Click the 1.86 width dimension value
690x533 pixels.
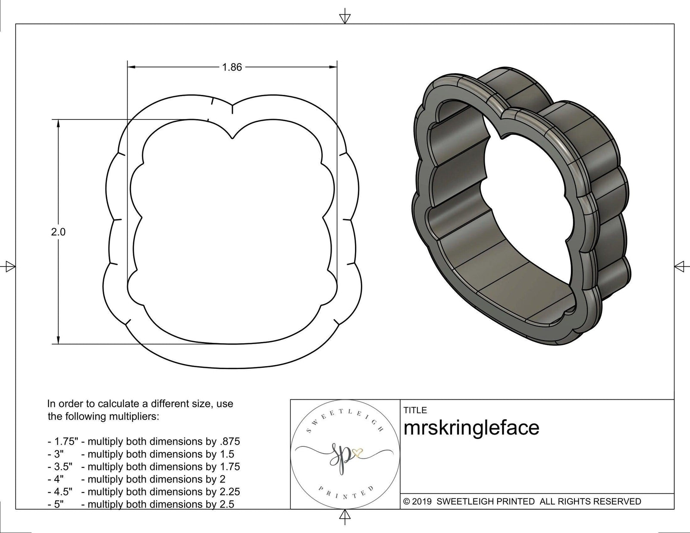pyautogui.click(x=232, y=67)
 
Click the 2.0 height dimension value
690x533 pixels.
pyautogui.click(x=58, y=232)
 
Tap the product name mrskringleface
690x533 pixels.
pyautogui.click(x=471, y=428)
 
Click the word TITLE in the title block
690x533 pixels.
pyautogui.click(x=415, y=411)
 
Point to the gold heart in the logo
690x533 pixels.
pyautogui.click(x=358, y=452)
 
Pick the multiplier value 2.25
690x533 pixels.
pyautogui.click(x=230, y=492)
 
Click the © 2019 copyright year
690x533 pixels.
pyautogui.click(x=417, y=502)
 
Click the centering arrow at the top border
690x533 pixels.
pyautogui.click(x=345, y=18)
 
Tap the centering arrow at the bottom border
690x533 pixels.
pyautogui.click(x=345, y=514)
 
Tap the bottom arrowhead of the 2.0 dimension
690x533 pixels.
pyautogui.click(x=58, y=339)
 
